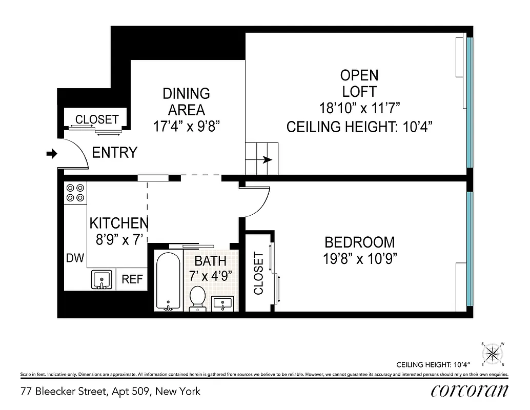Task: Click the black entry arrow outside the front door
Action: (52, 153)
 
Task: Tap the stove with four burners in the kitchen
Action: (75, 193)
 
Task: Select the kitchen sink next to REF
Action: (101, 280)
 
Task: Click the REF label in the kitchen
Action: (132, 280)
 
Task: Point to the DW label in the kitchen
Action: (74, 258)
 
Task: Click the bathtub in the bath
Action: (167, 281)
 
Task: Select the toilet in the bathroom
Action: (197, 298)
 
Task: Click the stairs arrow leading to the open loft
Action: (267, 160)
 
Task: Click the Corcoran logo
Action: (470, 391)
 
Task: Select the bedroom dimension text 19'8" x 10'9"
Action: (360, 259)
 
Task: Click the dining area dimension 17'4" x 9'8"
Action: (187, 126)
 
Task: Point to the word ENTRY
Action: (114, 153)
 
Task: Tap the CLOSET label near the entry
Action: (97, 119)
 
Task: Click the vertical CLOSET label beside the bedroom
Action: (258, 273)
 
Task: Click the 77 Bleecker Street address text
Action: (110, 392)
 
